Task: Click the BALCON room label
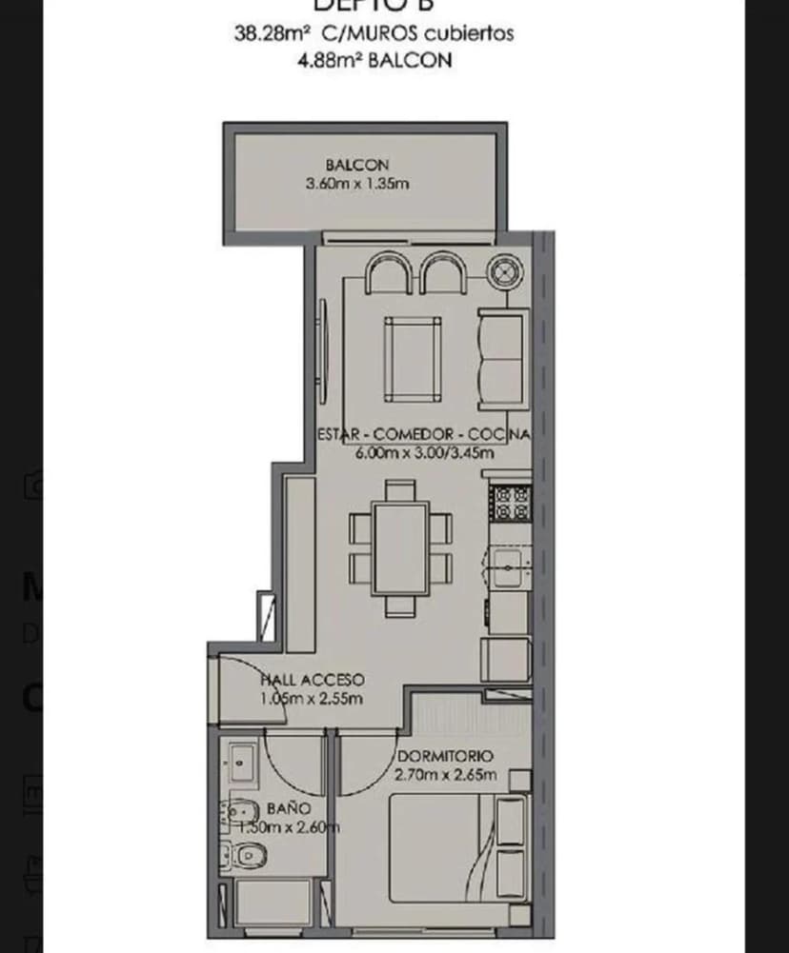pyautogui.click(x=356, y=165)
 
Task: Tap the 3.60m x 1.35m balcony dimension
pyautogui.click(x=357, y=183)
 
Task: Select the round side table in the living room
pyautogui.click(x=504, y=272)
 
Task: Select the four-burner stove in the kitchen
pyautogui.click(x=510, y=504)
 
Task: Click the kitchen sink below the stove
pyautogui.click(x=509, y=568)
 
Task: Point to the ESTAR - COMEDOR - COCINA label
pyautogui.click(x=422, y=434)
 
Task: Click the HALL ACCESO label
pyautogui.click(x=313, y=680)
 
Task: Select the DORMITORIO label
pyautogui.click(x=446, y=756)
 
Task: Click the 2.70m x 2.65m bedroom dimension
pyautogui.click(x=445, y=774)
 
